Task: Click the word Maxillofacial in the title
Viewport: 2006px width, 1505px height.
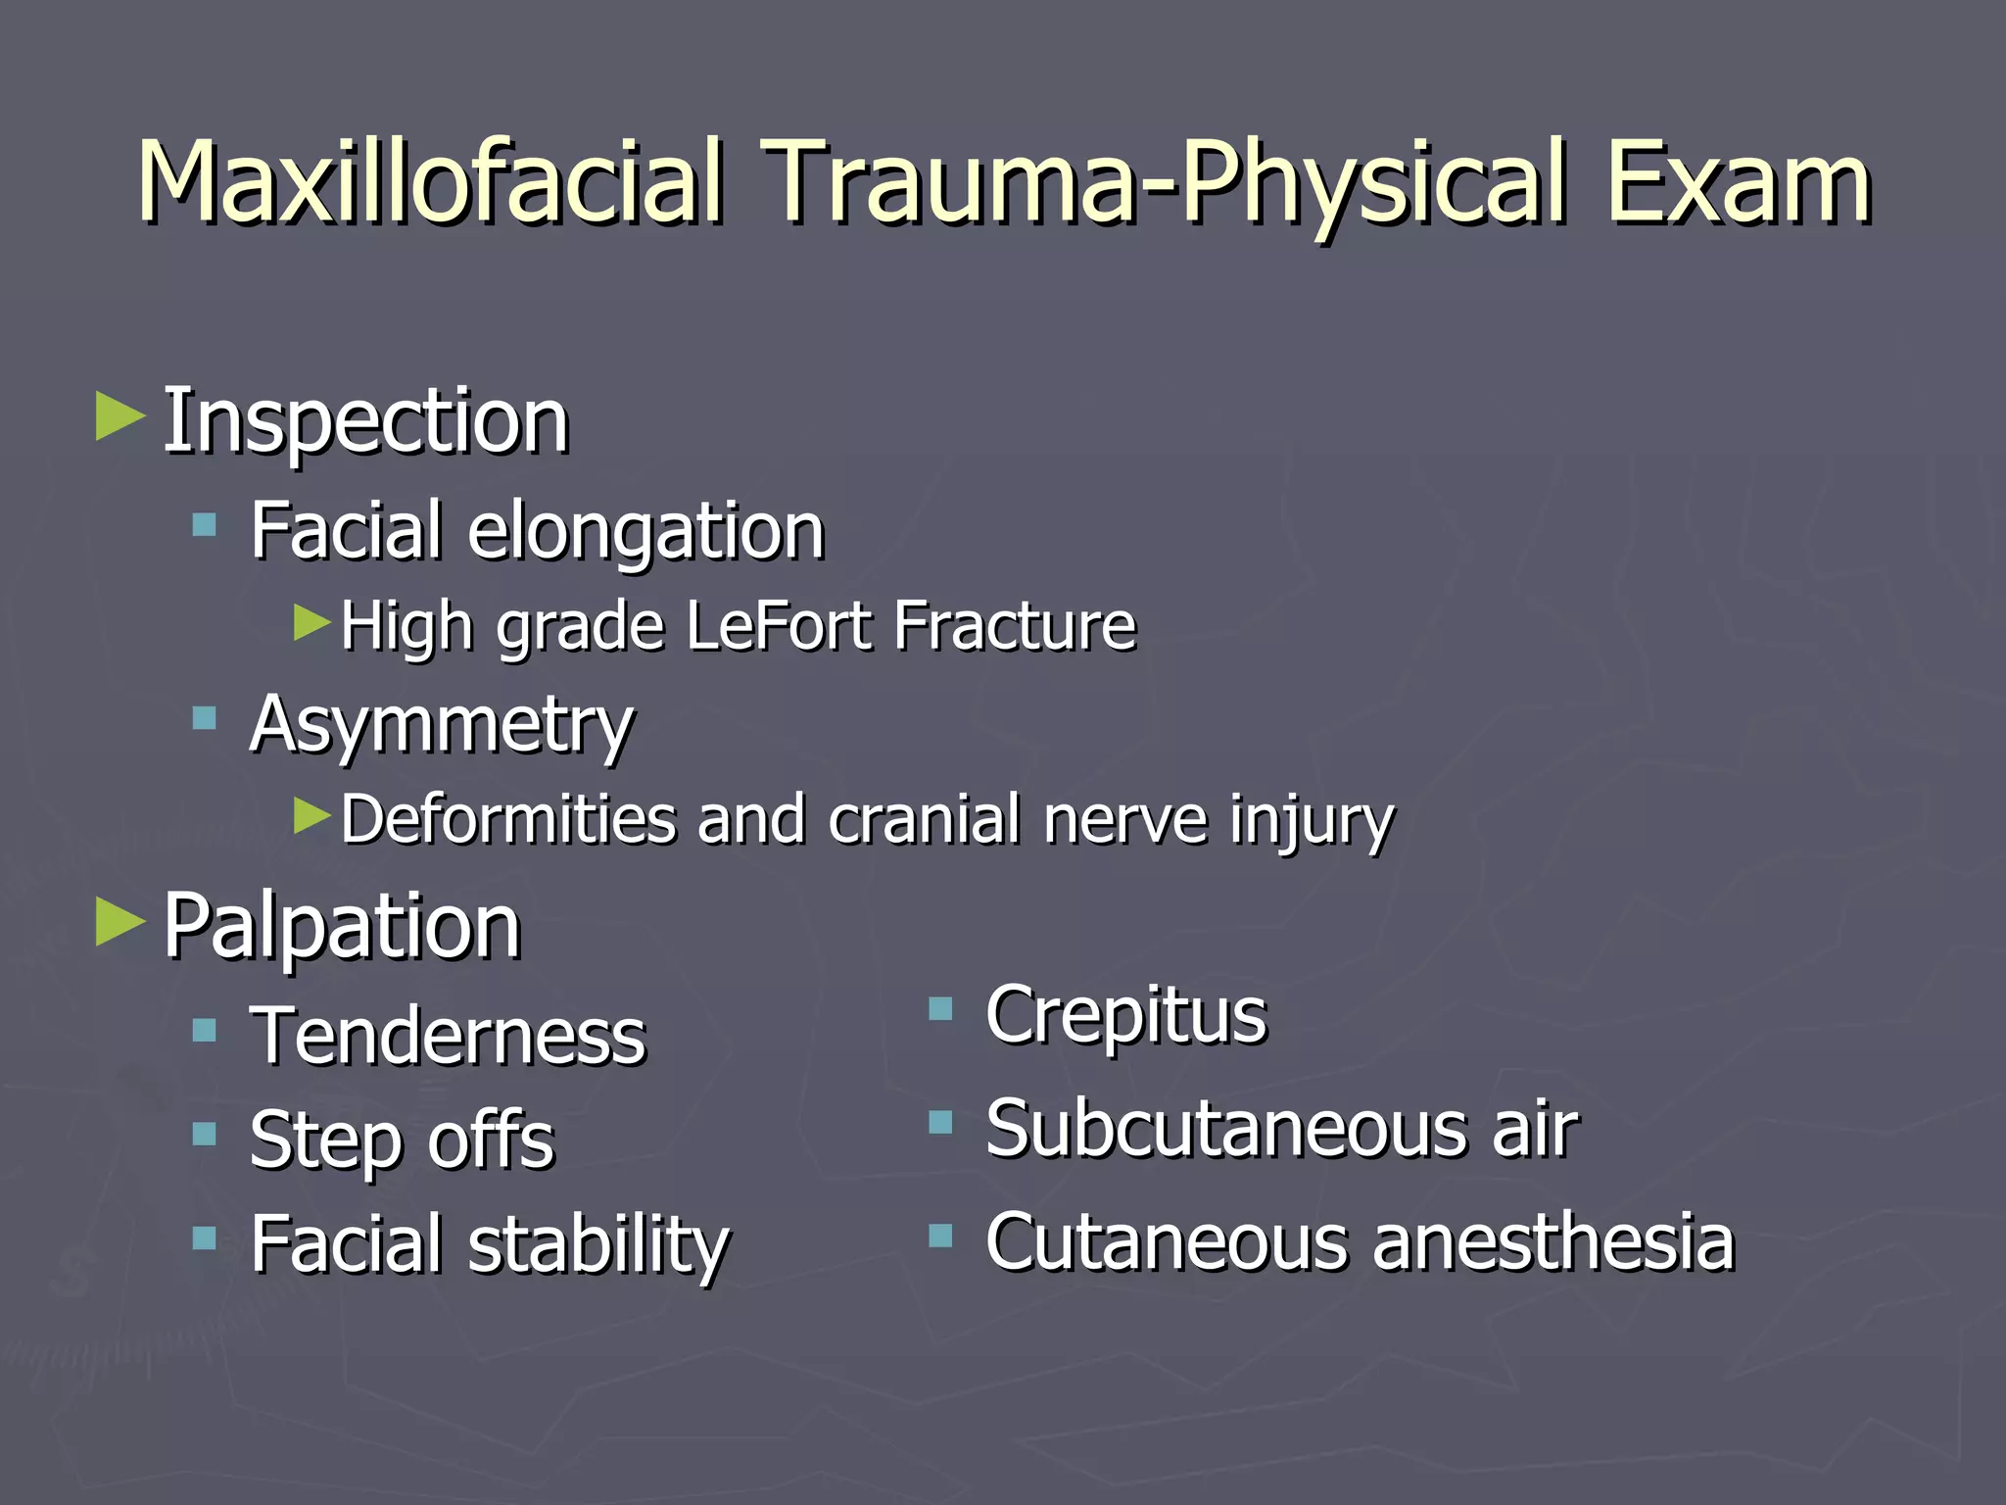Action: [x=431, y=183]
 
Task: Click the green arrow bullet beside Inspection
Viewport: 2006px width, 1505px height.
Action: [x=120, y=416]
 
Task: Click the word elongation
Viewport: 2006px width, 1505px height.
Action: [x=646, y=532]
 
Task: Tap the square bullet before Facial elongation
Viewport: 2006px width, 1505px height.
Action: [x=204, y=525]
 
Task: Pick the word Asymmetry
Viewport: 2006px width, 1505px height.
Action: [x=442, y=726]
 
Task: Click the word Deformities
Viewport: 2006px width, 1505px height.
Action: [x=508, y=819]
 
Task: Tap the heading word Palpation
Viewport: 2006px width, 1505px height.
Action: [x=342, y=926]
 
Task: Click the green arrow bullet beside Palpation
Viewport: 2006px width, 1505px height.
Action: [x=120, y=922]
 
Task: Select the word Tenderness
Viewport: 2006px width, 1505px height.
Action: [x=449, y=1036]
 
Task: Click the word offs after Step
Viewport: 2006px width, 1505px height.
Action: [x=492, y=1140]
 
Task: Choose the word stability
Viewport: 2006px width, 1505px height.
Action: [x=599, y=1244]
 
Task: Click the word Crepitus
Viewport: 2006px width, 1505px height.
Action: [x=1126, y=1016]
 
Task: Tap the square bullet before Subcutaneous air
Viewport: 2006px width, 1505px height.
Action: [x=940, y=1122]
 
